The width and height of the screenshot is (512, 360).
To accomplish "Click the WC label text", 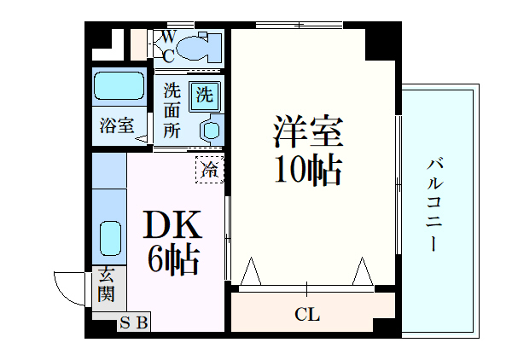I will (x=169, y=46).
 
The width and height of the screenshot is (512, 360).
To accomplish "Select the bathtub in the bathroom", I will (x=119, y=86).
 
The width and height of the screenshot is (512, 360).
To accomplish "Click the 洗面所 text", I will (x=172, y=110).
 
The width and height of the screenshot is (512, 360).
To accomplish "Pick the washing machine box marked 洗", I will (x=205, y=95).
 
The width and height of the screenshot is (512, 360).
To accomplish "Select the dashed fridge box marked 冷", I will (x=209, y=169).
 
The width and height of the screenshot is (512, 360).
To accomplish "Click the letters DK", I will (x=171, y=225).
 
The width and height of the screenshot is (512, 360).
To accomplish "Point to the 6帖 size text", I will (x=172, y=258).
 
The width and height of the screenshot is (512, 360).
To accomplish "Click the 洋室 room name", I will (x=307, y=132).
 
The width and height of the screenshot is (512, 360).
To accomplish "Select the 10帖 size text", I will (x=307, y=171).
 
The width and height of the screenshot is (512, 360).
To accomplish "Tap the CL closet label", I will (x=307, y=315).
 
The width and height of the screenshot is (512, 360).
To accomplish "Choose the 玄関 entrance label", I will (x=106, y=285).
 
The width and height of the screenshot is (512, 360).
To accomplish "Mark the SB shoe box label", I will (x=133, y=322).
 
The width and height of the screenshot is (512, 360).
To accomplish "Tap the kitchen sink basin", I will (x=109, y=238).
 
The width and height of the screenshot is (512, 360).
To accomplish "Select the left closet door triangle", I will (x=250, y=272).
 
